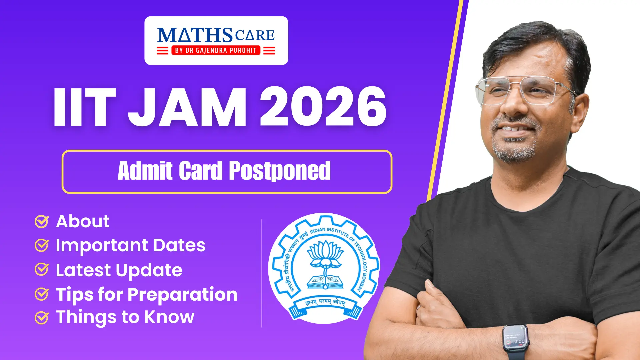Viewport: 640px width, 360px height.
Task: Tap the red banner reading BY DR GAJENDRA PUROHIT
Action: click(x=216, y=50)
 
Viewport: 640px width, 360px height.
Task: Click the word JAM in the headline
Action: click(x=187, y=107)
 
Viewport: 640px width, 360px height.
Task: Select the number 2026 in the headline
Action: click(x=323, y=107)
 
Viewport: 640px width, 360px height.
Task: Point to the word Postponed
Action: click(x=280, y=171)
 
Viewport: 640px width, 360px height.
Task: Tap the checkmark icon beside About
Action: click(x=42, y=221)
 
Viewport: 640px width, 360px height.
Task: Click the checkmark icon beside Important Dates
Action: click(x=42, y=245)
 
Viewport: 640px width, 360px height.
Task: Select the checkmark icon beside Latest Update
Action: click(x=42, y=269)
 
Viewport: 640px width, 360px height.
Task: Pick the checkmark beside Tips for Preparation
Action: click(x=42, y=294)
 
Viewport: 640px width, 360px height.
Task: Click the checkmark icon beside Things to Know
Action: click(x=42, y=318)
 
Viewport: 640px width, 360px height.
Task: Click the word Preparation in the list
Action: click(x=182, y=295)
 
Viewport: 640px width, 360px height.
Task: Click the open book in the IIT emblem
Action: click(x=325, y=282)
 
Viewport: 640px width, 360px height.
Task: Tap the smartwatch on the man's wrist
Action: click(x=515, y=342)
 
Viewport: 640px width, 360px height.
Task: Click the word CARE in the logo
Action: click(x=255, y=35)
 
